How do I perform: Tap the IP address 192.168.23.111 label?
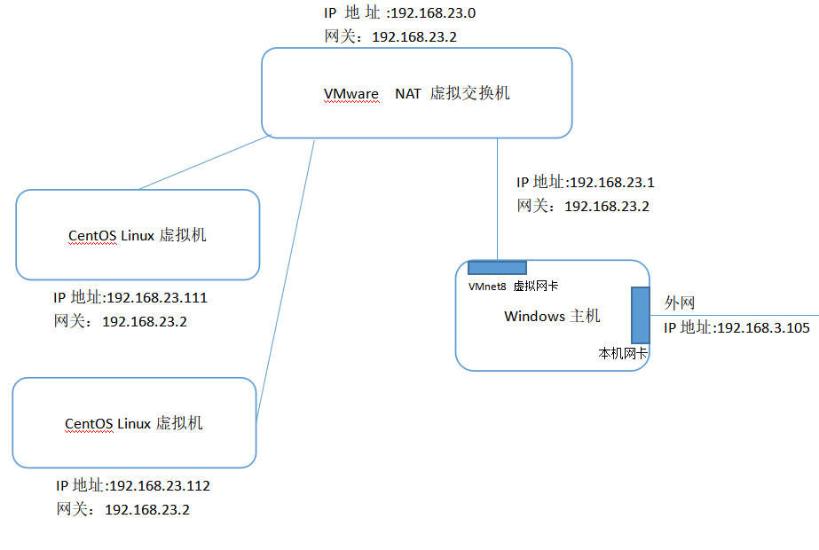pos(130,298)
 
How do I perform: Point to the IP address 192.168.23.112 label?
pos(133,486)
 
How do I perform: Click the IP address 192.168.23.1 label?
pos(586,183)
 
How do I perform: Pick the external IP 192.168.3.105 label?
pos(736,328)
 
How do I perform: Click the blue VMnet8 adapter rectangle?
pos(497,267)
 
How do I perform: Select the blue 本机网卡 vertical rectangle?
pos(641,315)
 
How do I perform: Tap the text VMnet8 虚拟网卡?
pos(513,287)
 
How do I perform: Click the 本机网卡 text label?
pos(623,353)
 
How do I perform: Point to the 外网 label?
pos(679,303)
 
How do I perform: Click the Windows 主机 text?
pos(552,317)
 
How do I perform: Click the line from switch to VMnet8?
pos(497,200)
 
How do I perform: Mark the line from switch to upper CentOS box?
pos(204,163)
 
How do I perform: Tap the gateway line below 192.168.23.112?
pos(122,510)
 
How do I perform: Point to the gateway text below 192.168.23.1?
pos(584,207)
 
